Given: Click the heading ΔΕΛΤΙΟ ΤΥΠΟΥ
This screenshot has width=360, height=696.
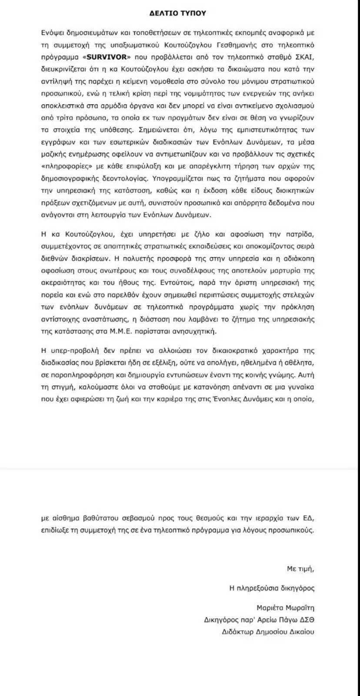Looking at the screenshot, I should click(180, 13).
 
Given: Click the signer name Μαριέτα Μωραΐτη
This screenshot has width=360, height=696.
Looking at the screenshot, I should click(285, 608).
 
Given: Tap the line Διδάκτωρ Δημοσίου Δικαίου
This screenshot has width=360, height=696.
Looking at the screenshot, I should click(267, 632).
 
